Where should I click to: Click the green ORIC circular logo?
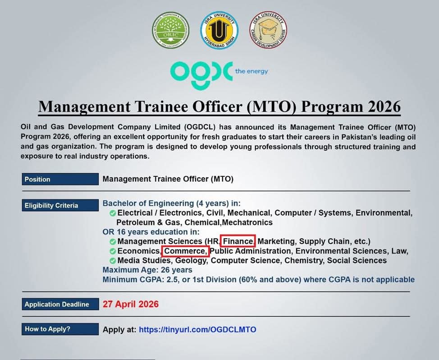coord(170,30)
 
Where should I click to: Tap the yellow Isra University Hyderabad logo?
coord(219,30)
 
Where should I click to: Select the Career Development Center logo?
coord(268,30)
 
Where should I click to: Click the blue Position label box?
coord(60,179)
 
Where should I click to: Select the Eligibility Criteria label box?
coord(60,205)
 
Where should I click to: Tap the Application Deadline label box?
coord(60,304)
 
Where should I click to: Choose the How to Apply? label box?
coord(60,329)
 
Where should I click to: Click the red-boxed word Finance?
coord(238,241)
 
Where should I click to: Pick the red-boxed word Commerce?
coord(185,251)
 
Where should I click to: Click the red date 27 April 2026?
coord(131,304)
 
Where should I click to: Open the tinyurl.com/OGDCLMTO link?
coord(197,329)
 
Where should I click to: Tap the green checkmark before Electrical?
coord(113,213)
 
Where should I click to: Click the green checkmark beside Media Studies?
coord(113,261)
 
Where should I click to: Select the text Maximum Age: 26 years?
coord(147,270)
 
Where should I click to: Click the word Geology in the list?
coord(192,260)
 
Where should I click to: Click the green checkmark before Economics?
coord(113,251)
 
